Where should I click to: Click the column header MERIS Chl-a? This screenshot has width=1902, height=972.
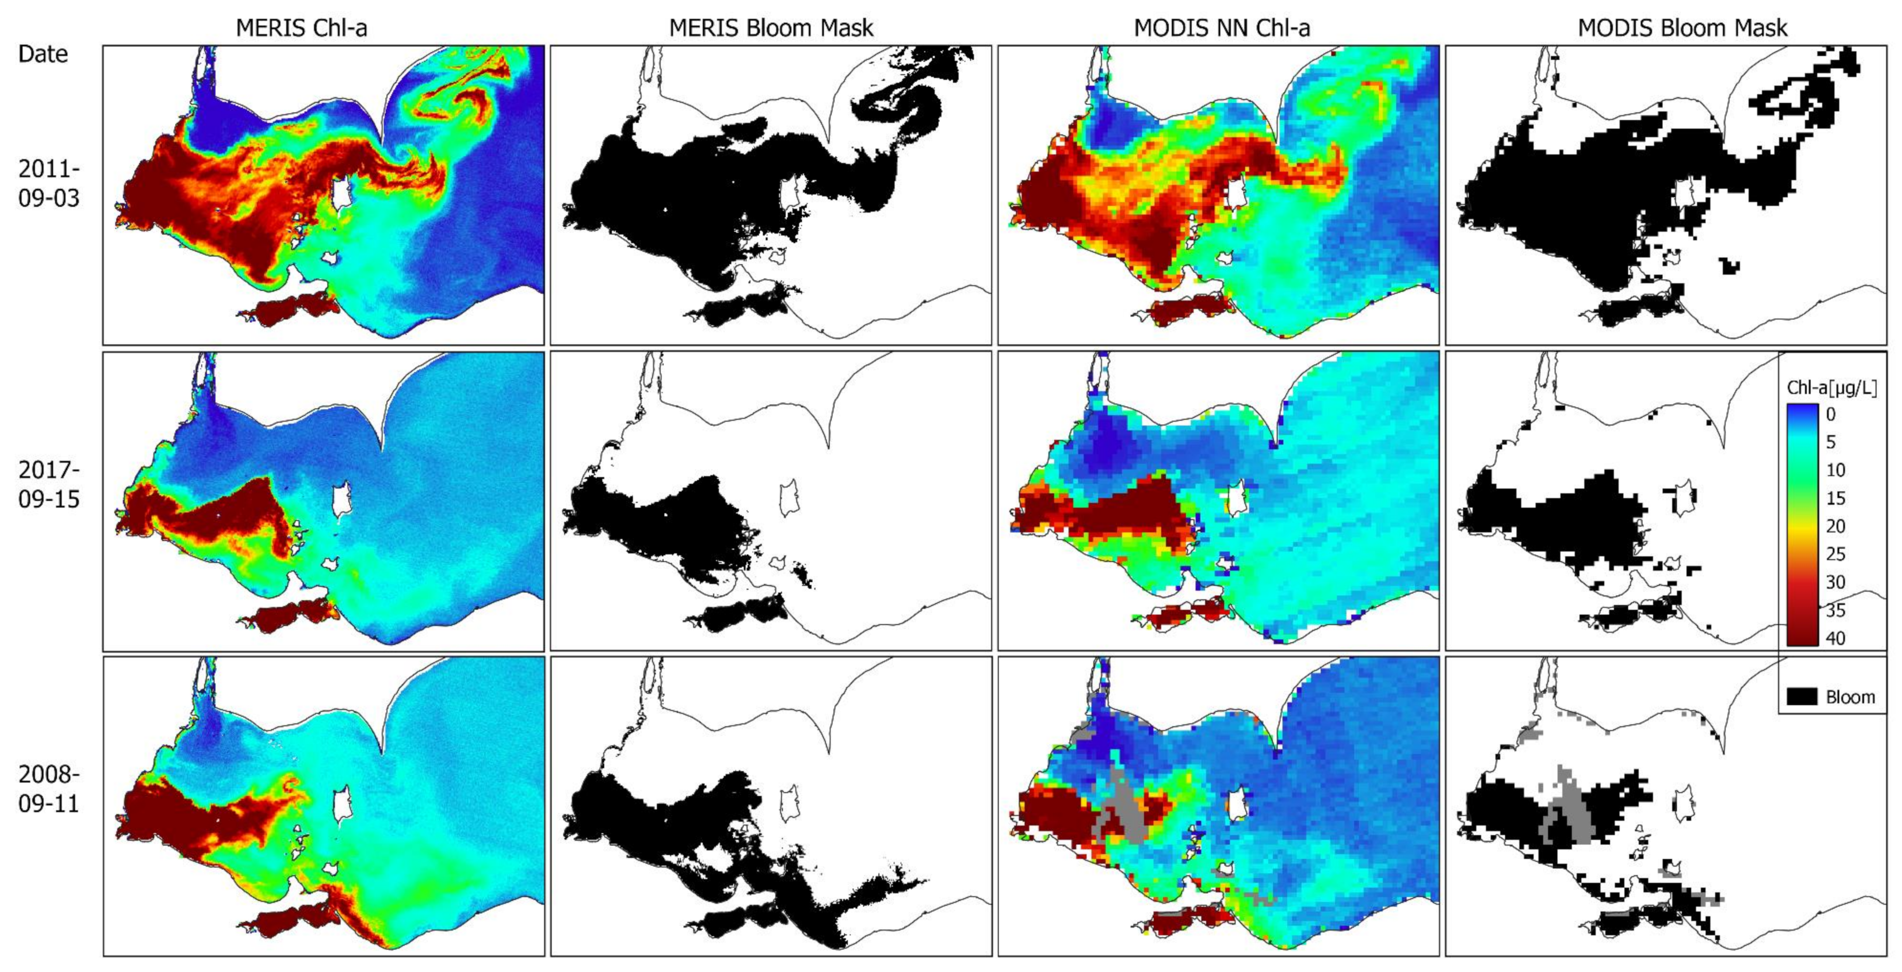(301, 28)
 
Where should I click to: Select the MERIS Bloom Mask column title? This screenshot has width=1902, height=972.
(771, 28)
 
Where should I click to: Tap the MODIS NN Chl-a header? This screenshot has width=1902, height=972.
(1222, 28)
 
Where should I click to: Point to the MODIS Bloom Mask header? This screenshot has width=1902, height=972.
(1683, 28)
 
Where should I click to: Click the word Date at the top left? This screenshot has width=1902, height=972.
(43, 54)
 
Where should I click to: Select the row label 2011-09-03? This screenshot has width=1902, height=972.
(49, 183)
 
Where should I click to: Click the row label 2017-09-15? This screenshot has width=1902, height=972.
(49, 484)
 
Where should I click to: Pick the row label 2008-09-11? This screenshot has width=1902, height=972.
(49, 788)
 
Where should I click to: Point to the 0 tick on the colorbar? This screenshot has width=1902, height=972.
(1830, 414)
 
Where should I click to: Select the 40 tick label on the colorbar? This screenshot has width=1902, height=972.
(1835, 638)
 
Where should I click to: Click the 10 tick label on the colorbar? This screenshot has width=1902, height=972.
(1835, 470)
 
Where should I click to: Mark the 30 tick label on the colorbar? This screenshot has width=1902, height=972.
(1835, 583)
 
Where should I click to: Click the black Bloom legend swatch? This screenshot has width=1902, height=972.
(1802, 697)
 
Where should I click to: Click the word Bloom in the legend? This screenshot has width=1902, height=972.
(1850, 697)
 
